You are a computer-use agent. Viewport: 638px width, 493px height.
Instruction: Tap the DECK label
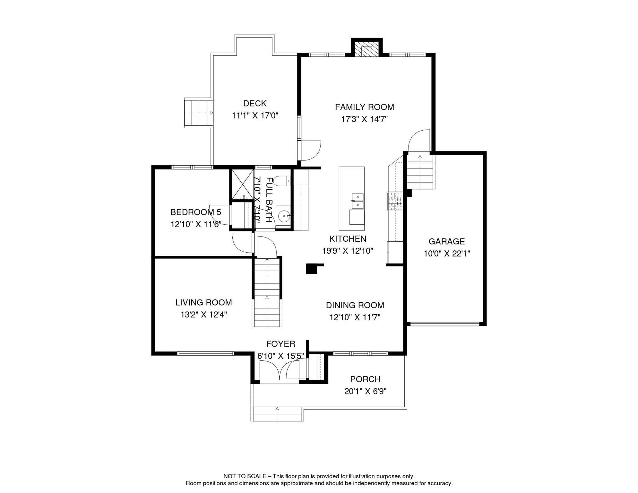pos(255,103)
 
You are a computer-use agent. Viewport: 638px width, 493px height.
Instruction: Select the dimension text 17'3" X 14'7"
pos(364,119)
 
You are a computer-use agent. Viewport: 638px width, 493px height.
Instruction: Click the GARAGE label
pos(446,241)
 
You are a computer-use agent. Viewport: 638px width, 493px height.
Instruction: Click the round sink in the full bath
pos(283,216)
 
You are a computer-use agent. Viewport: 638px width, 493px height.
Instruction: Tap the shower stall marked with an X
pos(243,184)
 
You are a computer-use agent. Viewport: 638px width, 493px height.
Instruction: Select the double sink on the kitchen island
pos(358,201)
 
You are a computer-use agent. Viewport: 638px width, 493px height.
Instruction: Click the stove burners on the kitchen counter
pos(394,201)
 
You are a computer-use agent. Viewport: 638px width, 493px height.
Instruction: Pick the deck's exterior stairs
pos(199,113)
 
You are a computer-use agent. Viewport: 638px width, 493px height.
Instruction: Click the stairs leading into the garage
pos(420,172)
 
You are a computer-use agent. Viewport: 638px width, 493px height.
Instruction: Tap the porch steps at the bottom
pos(277,414)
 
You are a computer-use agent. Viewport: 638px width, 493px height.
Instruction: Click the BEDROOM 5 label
pos(195,212)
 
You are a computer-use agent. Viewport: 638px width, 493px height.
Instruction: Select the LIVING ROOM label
pos(203,302)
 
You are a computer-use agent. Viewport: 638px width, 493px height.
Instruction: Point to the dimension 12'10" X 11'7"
pos(355,317)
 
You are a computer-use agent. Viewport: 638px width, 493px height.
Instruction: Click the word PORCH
pos(365,379)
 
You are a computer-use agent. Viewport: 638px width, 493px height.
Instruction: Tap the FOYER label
pos(280,344)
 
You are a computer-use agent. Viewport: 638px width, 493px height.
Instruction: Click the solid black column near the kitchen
pos(311,269)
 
